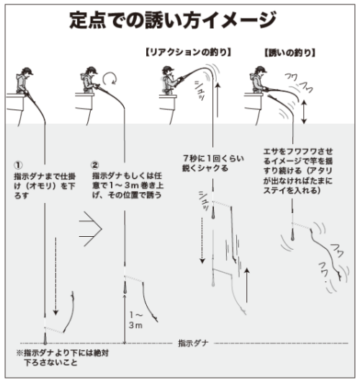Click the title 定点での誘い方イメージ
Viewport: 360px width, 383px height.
(x=179, y=19)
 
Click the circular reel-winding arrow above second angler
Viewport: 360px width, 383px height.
(x=110, y=76)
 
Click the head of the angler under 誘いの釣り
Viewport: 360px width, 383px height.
(x=258, y=73)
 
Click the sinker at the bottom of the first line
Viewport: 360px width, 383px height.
(x=44, y=335)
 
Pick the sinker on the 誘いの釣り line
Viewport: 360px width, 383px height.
(x=293, y=231)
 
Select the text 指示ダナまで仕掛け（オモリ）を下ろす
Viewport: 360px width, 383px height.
(x=43, y=184)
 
